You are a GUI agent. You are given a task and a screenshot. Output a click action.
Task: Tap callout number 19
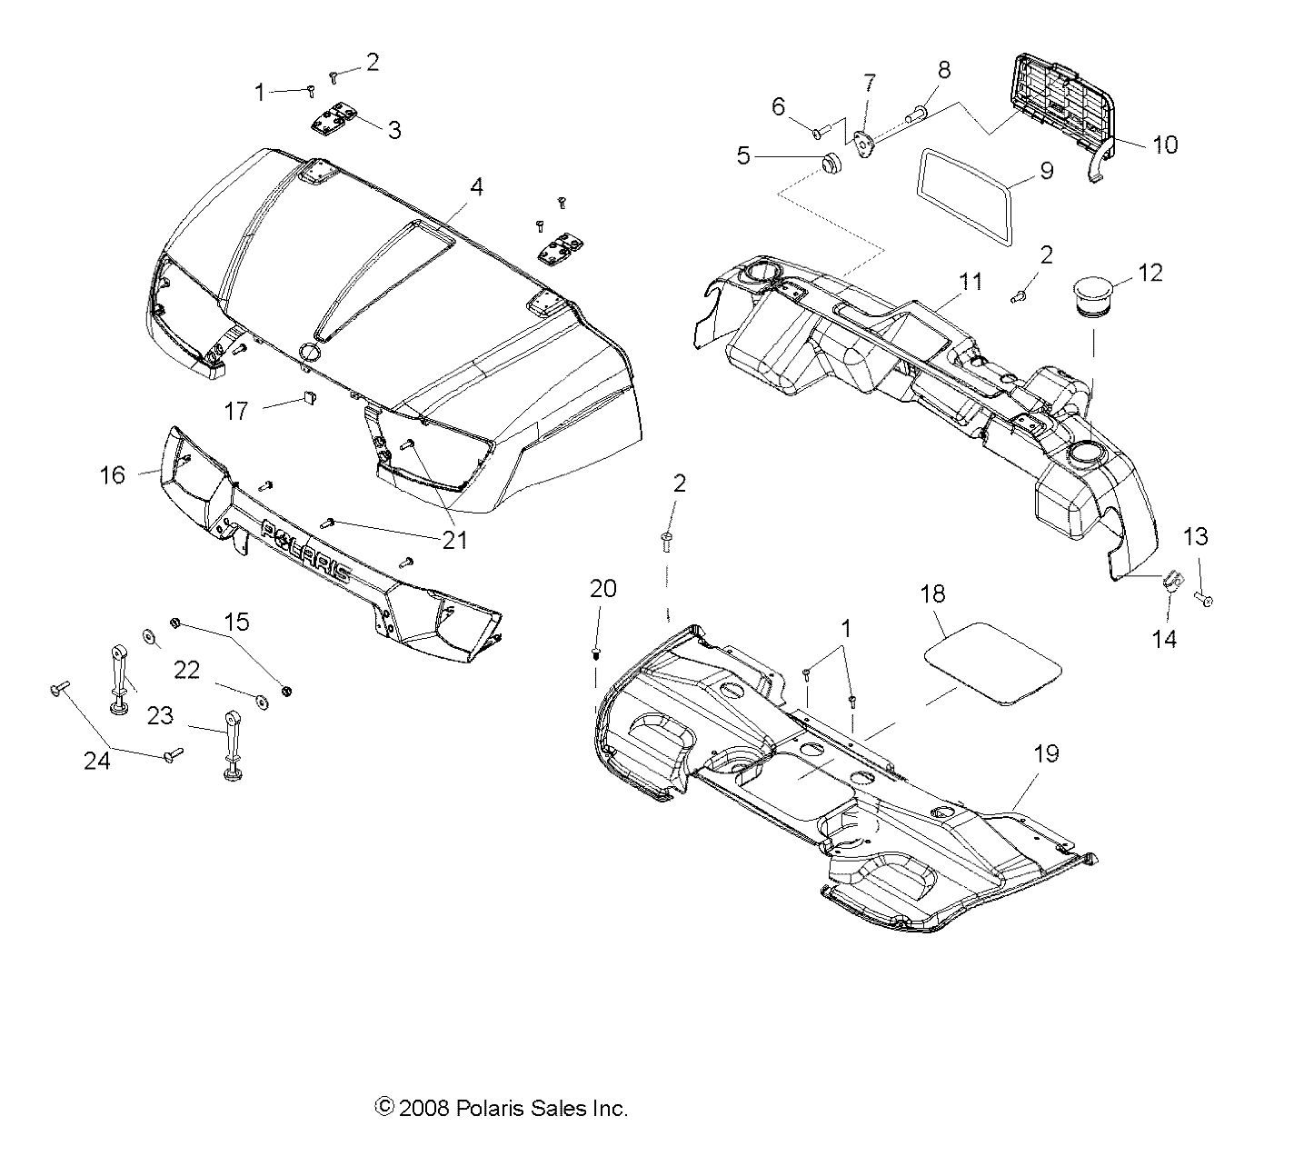click(1047, 754)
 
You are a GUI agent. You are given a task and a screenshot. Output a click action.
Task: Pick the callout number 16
click(113, 474)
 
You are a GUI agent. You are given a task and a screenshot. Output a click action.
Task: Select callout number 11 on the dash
click(971, 281)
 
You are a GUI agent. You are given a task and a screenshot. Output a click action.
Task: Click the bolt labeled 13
click(1207, 599)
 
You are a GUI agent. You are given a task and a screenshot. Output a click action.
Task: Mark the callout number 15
click(237, 623)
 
